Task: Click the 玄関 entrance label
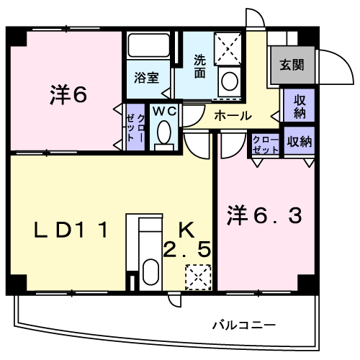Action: pos(292,65)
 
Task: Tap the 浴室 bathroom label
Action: pos(146,78)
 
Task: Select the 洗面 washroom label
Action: pos(199,66)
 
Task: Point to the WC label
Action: pos(165,111)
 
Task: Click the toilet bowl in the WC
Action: pos(164,132)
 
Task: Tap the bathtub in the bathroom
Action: pos(148,45)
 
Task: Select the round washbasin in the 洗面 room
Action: pos(230,81)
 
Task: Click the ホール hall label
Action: pos(233,116)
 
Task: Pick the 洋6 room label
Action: pos(68,94)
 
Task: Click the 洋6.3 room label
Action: pos(264,215)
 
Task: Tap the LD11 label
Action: pos(71,230)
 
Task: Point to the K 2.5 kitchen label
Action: pos(187,239)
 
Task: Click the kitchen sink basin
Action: pos(150,271)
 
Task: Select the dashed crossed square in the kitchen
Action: pos(198,277)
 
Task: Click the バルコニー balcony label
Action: pos(244,325)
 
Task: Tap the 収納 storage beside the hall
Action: pos(300,107)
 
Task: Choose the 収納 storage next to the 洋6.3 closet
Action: pos(300,142)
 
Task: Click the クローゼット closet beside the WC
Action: pos(135,128)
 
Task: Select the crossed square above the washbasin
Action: pos(228,49)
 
